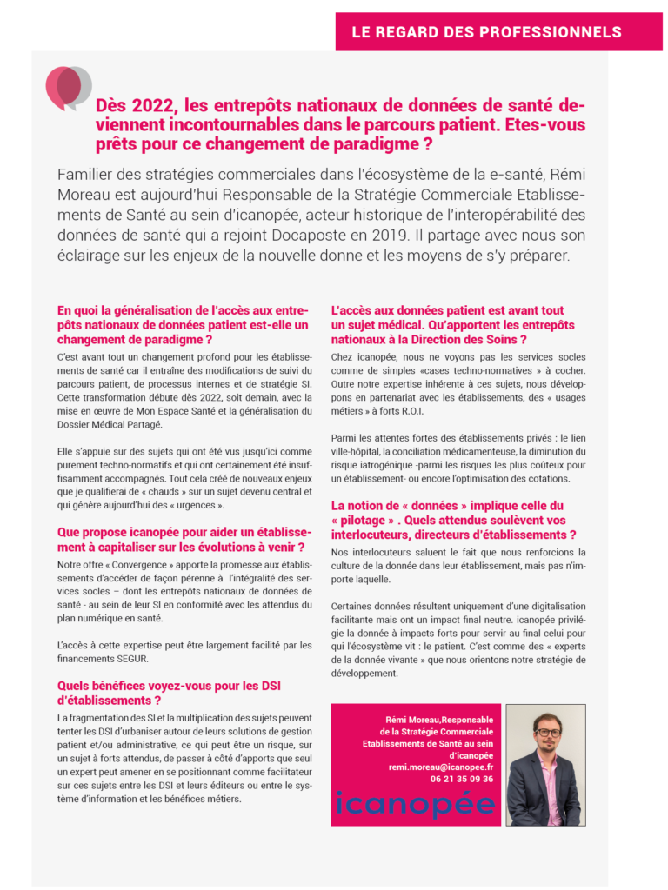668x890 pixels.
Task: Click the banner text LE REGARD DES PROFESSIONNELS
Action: [x=486, y=32]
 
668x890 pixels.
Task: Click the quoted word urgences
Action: [x=195, y=505]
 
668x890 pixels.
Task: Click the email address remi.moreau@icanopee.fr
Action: [x=440, y=767]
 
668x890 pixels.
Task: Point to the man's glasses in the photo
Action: [x=548, y=733]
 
